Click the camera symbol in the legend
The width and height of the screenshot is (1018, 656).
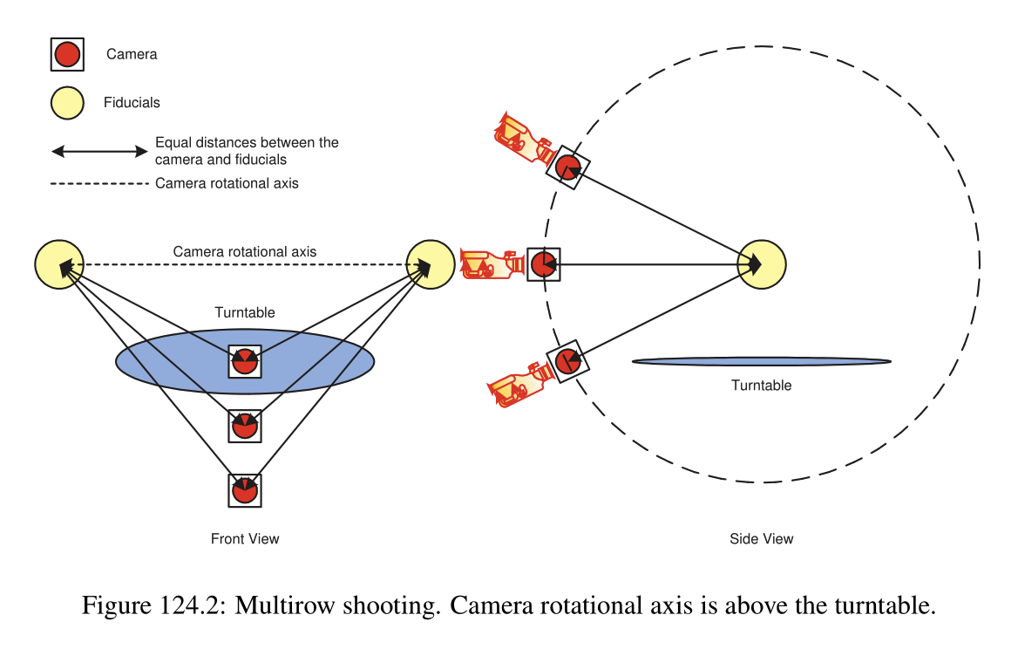pyautogui.click(x=67, y=55)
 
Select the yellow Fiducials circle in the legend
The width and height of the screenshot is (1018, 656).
pyautogui.click(x=67, y=103)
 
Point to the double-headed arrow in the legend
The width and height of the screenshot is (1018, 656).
pyautogui.click(x=99, y=151)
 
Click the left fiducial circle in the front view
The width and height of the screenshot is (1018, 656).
pyautogui.click(x=59, y=263)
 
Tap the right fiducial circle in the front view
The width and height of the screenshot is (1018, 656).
pyautogui.click(x=431, y=263)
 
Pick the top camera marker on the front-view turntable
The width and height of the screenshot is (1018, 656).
pyautogui.click(x=245, y=360)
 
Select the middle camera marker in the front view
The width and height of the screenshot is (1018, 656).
pyautogui.click(x=245, y=426)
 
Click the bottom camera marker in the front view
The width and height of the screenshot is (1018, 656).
pyautogui.click(x=245, y=490)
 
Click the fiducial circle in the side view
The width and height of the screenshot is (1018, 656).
pyautogui.click(x=762, y=263)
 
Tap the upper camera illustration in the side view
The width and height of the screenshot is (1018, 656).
pyautogui.click(x=524, y=139)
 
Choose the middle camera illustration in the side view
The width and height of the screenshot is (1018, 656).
pyautogui.click(x=492, y=263)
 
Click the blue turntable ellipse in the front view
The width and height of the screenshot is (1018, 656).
pyautogui.click(x=157, y=360)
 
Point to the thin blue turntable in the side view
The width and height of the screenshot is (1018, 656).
pyautogui.click(x=762, y=361)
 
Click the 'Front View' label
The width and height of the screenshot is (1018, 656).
pyautogui.click(x=245, y=538)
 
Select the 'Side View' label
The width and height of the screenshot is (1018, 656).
pyautogui.click(x=762, y=539)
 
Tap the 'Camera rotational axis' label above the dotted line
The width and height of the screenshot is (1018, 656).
pyautogui.click(x=245, y=252)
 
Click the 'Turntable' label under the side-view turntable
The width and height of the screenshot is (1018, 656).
pyautogui.click(x=762, y=386)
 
